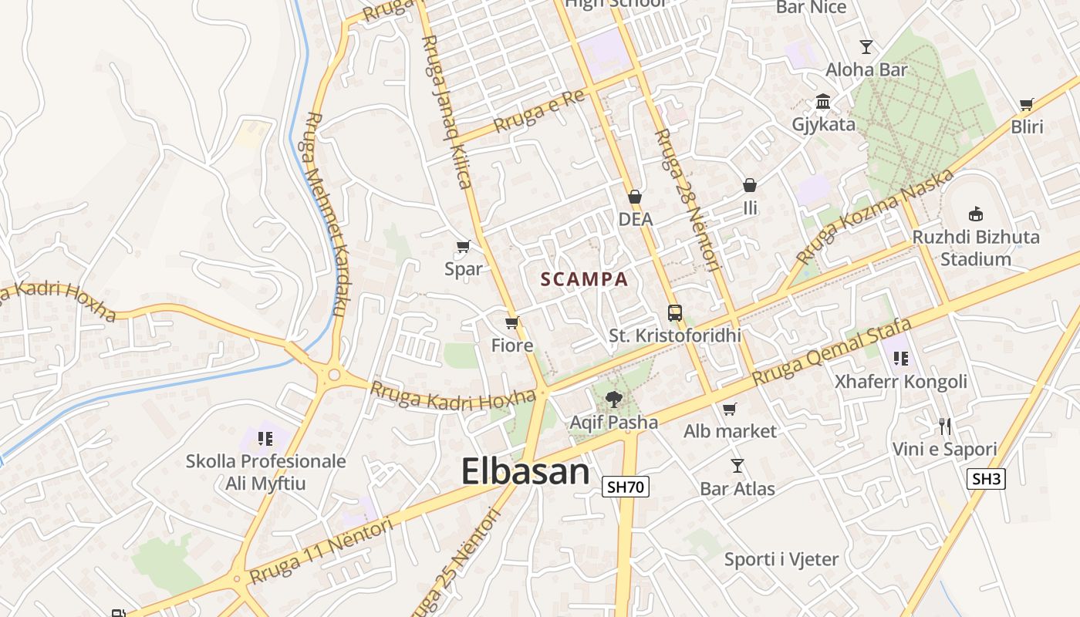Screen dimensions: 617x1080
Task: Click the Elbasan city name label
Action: (525, 471)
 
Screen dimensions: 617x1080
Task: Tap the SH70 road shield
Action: (625, 487)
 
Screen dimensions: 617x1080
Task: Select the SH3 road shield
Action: (987, 479)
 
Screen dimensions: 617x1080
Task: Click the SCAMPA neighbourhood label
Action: (585, 279)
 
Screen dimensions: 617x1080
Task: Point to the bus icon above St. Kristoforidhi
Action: (675, 313)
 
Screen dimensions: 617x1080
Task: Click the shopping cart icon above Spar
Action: (463, 247)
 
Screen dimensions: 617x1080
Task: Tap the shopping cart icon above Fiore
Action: (511, 322)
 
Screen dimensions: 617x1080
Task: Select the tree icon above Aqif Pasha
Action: (614, 399)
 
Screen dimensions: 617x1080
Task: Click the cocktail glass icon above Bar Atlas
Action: (737, 466)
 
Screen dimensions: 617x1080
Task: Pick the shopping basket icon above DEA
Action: (635, 197)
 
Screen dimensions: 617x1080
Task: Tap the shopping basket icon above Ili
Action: (749, 185)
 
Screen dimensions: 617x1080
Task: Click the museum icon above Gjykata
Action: (823, 102)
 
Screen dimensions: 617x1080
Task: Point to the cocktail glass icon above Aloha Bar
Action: (866, 46)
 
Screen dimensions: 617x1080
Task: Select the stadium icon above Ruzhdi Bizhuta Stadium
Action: (976, 214)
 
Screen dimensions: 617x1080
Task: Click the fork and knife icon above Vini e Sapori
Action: (945, 426)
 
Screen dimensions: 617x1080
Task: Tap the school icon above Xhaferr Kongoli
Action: (900, 358)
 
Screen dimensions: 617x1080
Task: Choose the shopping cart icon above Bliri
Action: (1026, 104)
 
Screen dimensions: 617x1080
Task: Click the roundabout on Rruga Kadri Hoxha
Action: (333, 376)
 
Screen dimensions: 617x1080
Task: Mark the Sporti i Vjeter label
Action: (781, 559)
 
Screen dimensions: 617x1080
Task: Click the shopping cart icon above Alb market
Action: (730, 409)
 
